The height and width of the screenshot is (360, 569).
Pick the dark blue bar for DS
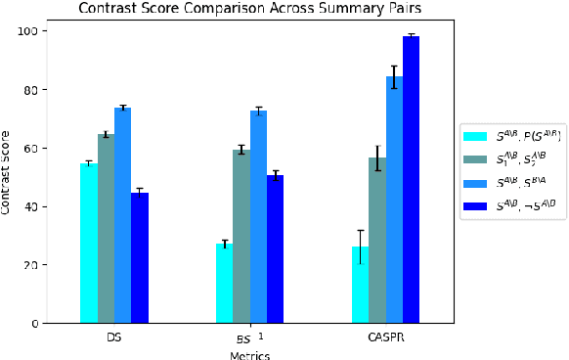tap(140, 258)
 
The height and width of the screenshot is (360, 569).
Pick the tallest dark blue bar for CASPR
tap(411, 180)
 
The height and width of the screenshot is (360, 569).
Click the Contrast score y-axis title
tap(9, 177)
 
